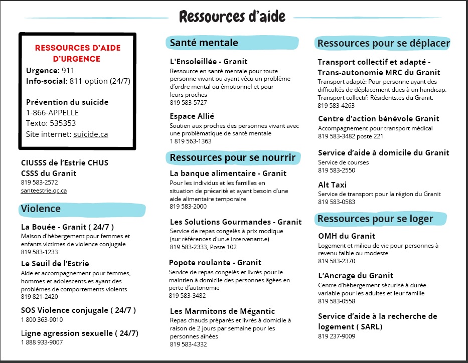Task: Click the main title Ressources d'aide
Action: [232, 17]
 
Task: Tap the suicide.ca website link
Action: [91, 134]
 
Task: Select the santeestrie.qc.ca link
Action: [44, 191]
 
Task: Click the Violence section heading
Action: [41, 209]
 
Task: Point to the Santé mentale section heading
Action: [204, 43]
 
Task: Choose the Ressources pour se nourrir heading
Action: [232, 158]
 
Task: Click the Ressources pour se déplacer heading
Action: [383, 43]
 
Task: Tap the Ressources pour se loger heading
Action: [375, 219]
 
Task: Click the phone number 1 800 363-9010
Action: [42, 320]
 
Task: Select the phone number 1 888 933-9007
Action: [42, 342]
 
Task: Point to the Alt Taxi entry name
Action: [332, 185]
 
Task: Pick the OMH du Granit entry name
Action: [347, 236]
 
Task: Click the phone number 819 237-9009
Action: [337, 336]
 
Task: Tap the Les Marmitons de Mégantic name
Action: [222, 311]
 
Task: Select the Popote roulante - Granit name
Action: [215, 263]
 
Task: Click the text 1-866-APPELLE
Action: [52, 112]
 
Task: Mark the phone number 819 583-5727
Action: [188, 103]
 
